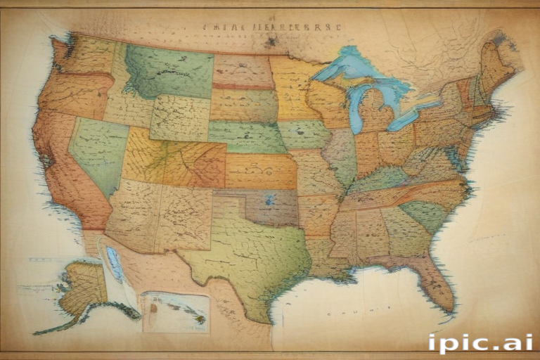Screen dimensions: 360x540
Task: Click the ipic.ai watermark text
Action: pos(480,343)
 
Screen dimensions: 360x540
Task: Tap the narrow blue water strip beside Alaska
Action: pos(115,264)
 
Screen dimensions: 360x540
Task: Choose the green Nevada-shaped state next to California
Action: pos(98,151)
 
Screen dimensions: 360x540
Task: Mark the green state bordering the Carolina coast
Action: pos(425,214)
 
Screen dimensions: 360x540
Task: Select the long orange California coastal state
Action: pos(63,169)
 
